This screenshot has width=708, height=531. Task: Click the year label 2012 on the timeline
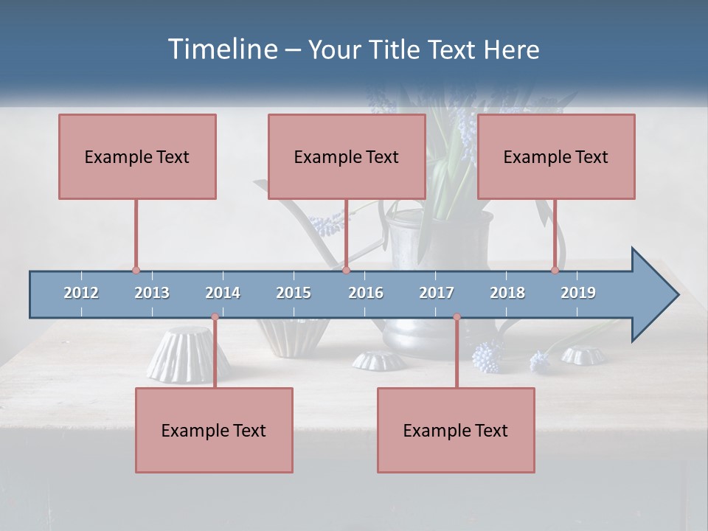point(81,293)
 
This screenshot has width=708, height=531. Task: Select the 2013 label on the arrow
point(152,293)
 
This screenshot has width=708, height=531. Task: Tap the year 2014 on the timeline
point(223,293)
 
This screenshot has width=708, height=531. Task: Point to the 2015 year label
point(294,293)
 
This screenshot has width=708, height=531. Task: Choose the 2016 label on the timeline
point(366,293)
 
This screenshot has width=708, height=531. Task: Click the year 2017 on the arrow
point(437,293)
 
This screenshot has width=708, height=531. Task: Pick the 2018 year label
point(507,293)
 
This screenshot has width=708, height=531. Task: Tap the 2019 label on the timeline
point(578,293)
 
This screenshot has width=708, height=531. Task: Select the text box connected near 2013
point(137,156)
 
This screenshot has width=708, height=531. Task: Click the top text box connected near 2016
point(347,156)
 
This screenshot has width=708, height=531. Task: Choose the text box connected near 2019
point(556,156)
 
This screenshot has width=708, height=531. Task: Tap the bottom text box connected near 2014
point(214,430)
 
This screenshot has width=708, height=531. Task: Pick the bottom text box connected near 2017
point(456,430)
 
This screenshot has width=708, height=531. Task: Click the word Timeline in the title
point(221,49)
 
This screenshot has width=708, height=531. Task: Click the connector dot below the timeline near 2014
point(215,317)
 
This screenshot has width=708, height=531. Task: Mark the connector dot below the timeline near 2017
point(457,317)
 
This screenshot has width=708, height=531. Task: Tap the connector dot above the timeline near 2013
point(136,270)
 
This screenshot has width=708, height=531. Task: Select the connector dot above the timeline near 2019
point(555,270)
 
